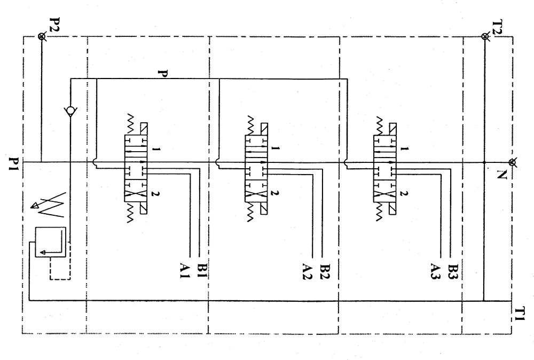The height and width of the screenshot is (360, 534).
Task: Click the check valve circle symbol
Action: click(x=70, y=112)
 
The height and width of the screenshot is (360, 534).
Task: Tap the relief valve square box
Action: click(x=50, y=242)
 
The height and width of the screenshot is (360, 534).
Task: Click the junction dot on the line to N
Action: click(x=483, y=162)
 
